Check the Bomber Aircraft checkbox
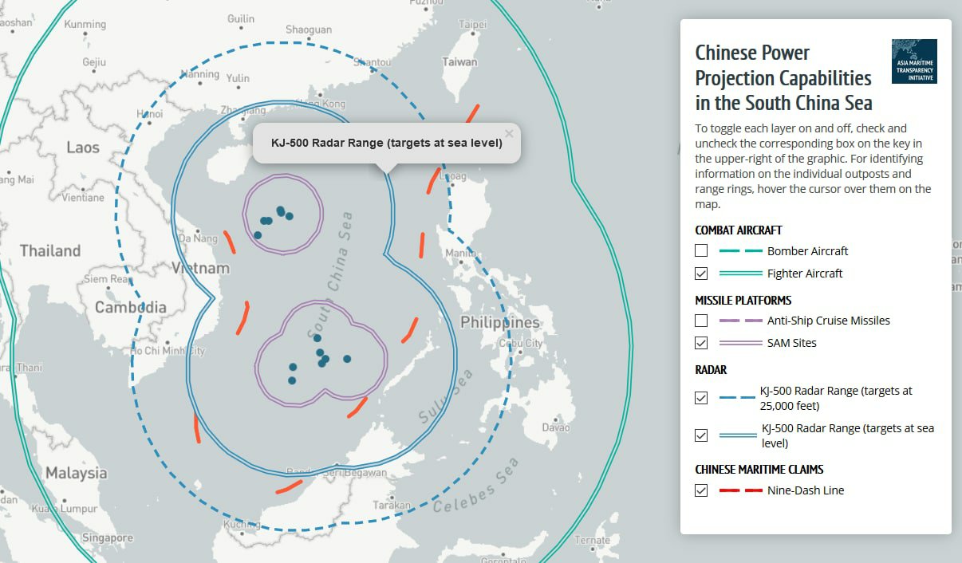coord(701,250)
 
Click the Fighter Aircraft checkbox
coord(701,274)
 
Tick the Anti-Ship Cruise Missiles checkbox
coord(701,321)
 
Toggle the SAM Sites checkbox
coord(701,343)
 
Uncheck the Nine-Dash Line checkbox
coord(701,490)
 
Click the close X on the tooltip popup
coord(509,134)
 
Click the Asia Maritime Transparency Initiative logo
coord(914,61)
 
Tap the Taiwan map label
coord(460,61)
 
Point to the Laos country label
coord(83,148)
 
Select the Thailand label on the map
coord(50,250)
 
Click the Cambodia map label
coord(131,307)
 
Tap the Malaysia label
coord(76,473)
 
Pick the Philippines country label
coord(500,323)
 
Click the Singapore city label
coord(107,538)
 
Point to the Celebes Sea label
coord(476,486)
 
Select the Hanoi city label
coord(149,114)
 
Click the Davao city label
coord(556,427)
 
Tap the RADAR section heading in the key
coord(711,370)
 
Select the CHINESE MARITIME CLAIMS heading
coord(759,469)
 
